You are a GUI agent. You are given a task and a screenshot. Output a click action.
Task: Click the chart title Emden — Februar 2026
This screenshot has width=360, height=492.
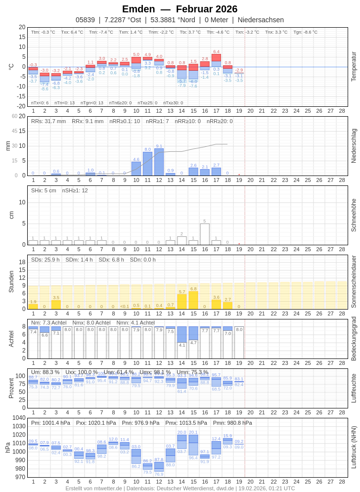pos(180,9)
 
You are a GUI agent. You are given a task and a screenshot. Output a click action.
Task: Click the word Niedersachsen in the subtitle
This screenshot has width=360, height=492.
pos(261,20)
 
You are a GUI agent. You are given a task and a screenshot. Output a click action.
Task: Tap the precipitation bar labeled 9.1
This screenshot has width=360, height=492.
pos(159,162)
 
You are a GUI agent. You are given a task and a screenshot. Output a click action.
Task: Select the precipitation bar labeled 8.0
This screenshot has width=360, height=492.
pos(147,164)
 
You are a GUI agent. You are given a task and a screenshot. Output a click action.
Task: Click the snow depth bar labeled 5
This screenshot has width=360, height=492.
pos(205,234)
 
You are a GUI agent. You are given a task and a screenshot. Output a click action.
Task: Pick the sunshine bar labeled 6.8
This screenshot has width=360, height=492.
pos(193,300)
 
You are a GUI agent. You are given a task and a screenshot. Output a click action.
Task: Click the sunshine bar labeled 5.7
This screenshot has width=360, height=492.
pos(182,302)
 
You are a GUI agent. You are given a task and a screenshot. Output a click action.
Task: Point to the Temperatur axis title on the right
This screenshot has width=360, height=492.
pos(354,66)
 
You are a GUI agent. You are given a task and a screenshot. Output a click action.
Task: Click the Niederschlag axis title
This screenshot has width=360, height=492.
pos(354,146)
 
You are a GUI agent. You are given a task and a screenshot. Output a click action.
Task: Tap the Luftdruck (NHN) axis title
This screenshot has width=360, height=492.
pos(354,447)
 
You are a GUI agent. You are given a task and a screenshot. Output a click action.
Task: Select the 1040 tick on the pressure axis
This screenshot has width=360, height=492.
pos(19,418)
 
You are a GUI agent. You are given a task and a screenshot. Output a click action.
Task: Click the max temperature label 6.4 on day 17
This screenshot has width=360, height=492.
pos(216,51)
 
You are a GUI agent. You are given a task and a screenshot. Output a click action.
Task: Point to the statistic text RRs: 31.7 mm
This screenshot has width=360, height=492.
pos(48,121)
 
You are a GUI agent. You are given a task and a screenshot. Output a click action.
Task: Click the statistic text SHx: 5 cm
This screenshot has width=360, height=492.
pos(44,190)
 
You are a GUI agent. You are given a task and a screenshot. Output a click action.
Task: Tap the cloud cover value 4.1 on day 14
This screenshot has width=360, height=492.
pos(182,345)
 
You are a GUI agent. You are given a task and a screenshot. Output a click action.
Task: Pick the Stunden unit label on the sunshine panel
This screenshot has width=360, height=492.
pos(11,281)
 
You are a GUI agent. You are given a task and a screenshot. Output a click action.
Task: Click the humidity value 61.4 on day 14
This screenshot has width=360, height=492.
pos(182,391)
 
